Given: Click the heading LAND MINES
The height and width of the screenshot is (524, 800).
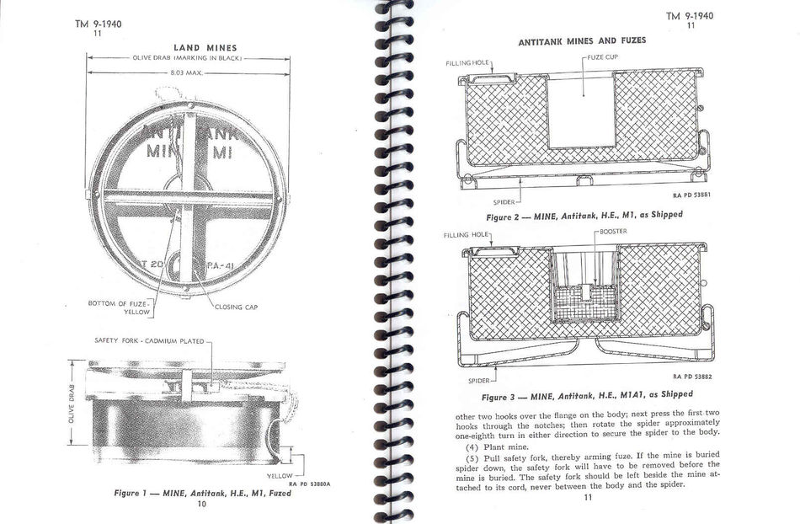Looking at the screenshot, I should pyautogui.click(x=205, y=48).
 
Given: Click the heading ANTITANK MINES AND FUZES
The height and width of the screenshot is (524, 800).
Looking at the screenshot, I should pyautogui.click(x=582, y=40).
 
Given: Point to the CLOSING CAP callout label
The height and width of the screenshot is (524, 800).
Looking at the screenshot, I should pyautogui.click(x=236, y=307).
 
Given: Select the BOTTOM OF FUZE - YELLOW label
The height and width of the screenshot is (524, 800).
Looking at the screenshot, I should pyautogui.click(x=120, y=307).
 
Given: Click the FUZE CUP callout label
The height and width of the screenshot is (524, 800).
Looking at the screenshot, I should pyautogui.click(x=600, y=56).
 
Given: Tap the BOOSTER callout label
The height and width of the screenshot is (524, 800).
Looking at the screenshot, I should pyautogui.click(x=612, y=230).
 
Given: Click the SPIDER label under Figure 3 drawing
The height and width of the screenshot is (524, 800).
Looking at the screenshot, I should pyautogui.click(x=478, y=380).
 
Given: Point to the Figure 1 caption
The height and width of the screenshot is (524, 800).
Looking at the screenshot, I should pyautogui.click(x=202, y=493).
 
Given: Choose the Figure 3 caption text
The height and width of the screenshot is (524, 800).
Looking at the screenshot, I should pyautogui.click(x=587, y=394).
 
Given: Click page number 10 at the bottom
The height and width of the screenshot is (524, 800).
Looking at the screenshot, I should pyautogui.click(x=201, y=504).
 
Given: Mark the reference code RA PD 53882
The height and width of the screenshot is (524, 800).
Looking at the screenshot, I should pyautogui.click(x=692, y=377).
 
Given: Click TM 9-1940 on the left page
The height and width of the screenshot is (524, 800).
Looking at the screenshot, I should pyautogui.click(x=98, y=24).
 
